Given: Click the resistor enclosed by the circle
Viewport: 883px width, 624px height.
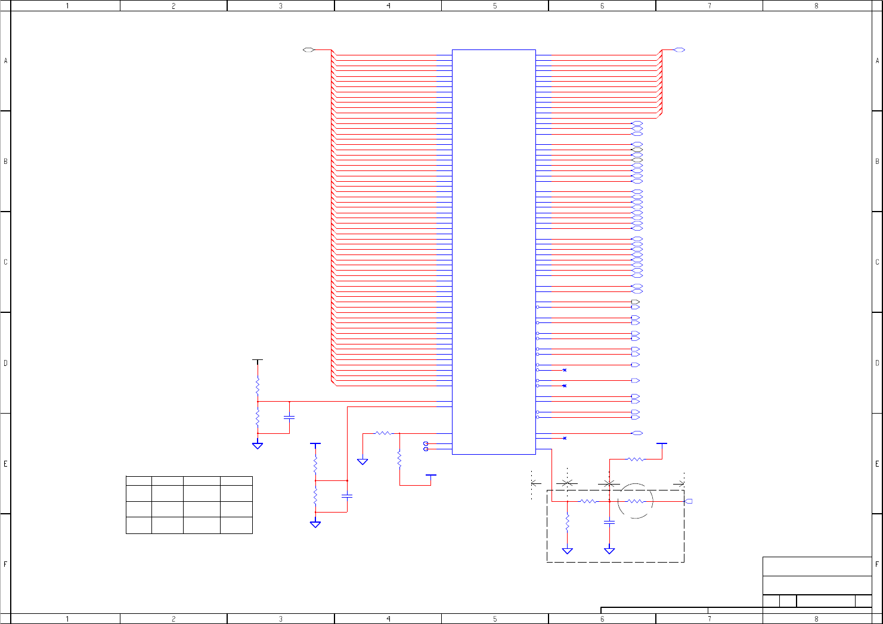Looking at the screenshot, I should click(x=636, y=501).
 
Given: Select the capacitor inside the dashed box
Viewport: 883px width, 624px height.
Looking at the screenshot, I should click(x=609, y=522).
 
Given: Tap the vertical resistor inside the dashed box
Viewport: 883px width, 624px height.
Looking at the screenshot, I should click(x=567, y=523).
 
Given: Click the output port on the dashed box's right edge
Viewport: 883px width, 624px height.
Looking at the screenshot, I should click(x=689, y=501).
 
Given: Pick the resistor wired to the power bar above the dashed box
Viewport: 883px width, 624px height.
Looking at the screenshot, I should click(x=636, y=460).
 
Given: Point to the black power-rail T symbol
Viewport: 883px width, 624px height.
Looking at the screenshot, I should click(x=258, y=361).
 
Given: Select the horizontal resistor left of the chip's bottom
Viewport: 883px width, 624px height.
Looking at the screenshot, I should click(x=383, y=433).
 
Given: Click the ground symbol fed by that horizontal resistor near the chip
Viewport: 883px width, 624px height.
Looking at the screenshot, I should click(x=363, y=461).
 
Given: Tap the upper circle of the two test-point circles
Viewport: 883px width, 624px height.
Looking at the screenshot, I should click(x=426, y=443).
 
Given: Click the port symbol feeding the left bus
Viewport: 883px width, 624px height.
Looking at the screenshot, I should click(x=308, y=50).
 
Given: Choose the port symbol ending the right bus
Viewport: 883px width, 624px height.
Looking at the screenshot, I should click(x=679, y=50).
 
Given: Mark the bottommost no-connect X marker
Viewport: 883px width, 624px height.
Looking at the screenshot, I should click(x=565, y=439).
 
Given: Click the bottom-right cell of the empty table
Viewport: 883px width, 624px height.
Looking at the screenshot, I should click(x=236, y=525).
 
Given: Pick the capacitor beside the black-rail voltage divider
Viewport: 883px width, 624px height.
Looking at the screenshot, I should click(x=289, y=417).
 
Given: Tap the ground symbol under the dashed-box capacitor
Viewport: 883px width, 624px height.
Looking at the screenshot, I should click(x=609, y=551).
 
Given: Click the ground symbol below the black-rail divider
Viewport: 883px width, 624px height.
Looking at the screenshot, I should click(x=258, y=445).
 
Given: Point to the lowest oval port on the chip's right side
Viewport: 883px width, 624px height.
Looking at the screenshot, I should click(x=637, y=433).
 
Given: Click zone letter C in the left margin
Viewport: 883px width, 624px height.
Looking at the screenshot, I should click(x=6, y=262).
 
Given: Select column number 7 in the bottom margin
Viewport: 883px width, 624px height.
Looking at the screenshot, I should click(x=710, y=619).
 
